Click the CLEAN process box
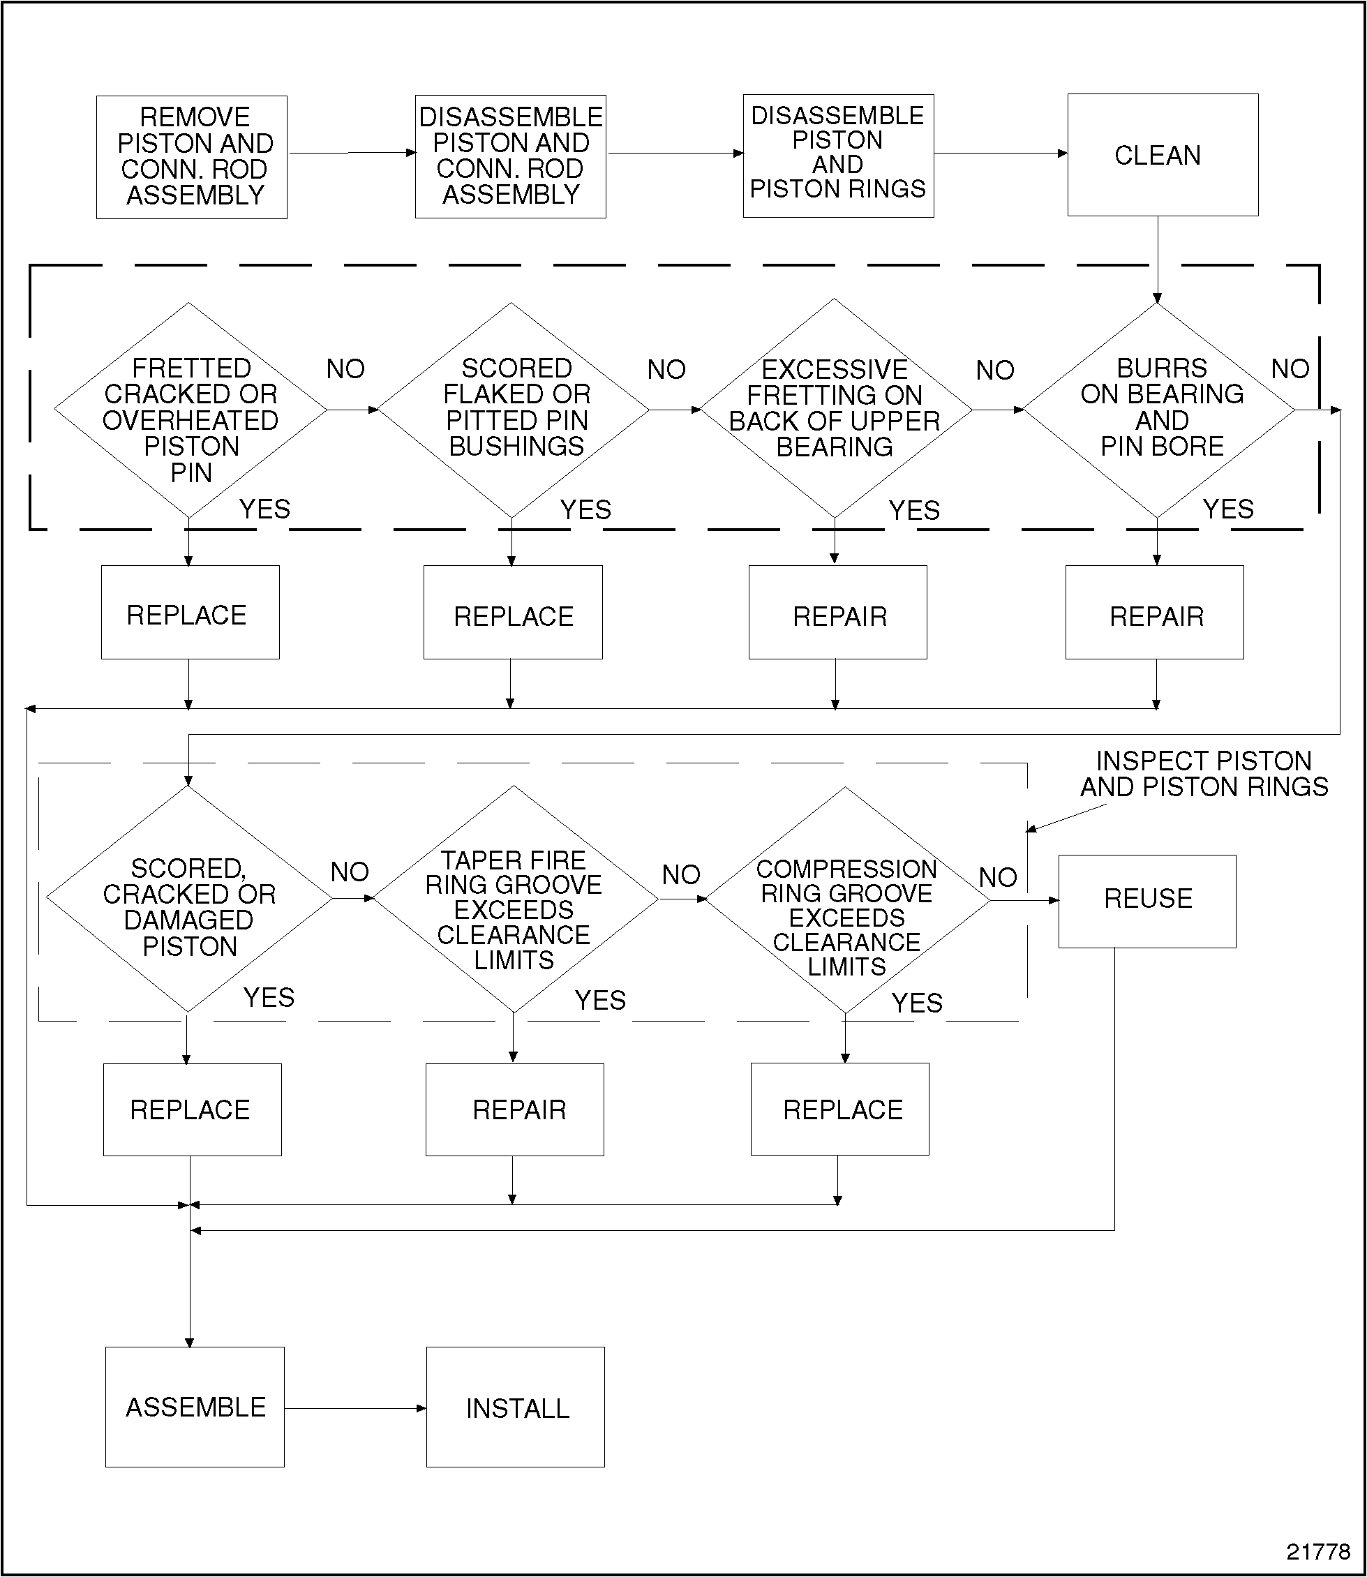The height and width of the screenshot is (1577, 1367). (1162, 155)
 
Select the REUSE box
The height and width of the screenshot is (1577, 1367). (1146, 901)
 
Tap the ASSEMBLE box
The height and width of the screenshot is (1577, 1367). (195, 1407)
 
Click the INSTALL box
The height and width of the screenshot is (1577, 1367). (516, 1407)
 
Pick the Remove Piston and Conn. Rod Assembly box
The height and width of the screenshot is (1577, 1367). (191, 157)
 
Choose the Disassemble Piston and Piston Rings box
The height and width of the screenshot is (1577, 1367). (837, 156)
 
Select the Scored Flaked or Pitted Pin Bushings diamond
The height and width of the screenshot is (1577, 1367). (513, 410)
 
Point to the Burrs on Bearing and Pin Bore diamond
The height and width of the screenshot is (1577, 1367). (1159, 410)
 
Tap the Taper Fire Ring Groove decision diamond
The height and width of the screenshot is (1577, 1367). (514, 900)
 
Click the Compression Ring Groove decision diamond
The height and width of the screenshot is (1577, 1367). (845, 901)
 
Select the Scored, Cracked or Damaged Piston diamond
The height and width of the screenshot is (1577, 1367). (188, 900)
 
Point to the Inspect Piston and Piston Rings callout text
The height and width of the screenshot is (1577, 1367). (1203, 774)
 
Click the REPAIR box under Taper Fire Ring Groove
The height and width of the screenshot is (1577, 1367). (515, 1109)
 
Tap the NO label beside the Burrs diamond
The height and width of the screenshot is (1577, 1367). (1290, 369)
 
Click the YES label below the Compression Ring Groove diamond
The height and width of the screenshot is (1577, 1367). (917, 1003)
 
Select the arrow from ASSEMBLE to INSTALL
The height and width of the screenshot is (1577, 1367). (354, 1408)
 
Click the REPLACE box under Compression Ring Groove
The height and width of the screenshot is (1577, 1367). (840, 1109)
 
